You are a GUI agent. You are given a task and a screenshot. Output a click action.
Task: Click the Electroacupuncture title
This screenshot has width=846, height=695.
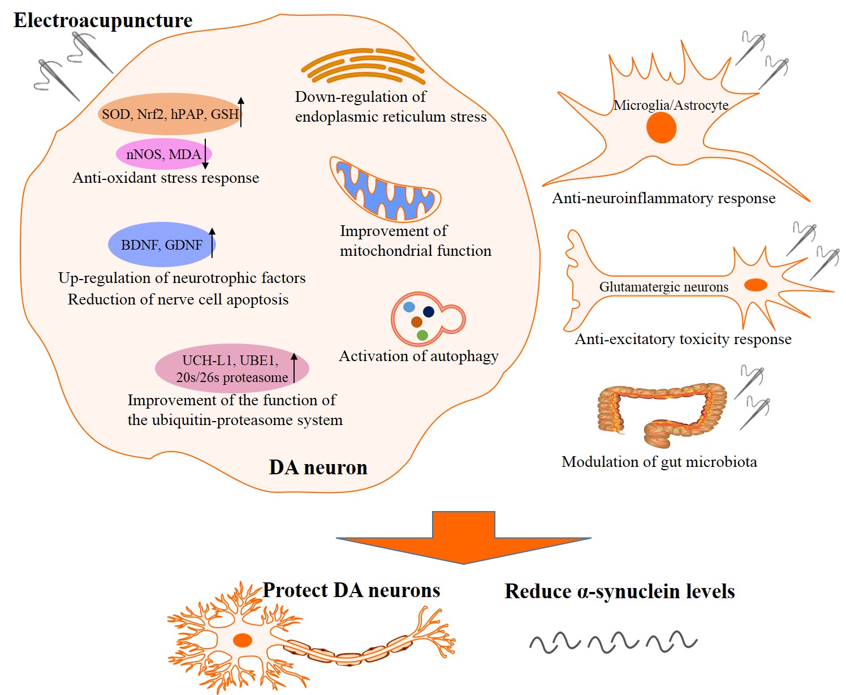(x=103, y=21)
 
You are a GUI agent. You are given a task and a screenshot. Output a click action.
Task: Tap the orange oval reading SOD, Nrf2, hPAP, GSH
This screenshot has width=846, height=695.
(x=170, y=114)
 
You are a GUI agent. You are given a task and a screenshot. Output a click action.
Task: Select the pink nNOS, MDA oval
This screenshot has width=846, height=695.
(x=163, y=154)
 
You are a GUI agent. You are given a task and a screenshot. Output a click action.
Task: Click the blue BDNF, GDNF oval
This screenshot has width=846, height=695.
(x=161, y=244)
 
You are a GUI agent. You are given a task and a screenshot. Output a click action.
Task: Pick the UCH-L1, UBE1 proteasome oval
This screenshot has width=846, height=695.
(x=231, y=368)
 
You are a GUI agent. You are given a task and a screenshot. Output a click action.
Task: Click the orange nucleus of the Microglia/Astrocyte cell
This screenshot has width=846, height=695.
(x=661, y=127)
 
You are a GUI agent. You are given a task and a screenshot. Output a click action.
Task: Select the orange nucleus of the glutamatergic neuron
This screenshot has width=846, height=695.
(x=755, y=285)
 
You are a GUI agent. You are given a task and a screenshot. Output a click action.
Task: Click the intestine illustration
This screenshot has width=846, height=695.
(x=662, y=413)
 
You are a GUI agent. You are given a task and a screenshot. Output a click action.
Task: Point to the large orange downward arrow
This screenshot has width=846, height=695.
(x=463, y=538)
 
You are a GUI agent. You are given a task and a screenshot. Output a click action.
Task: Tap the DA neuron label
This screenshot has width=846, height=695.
(x=318, y=467)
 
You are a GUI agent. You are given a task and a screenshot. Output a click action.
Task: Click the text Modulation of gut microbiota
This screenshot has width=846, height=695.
(x=659, y=462)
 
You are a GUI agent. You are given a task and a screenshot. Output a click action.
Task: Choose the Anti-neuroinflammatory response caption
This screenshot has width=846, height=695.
(x=663, y=199)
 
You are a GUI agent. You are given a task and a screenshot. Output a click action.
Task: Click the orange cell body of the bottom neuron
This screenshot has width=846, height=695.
(x=243, y=640)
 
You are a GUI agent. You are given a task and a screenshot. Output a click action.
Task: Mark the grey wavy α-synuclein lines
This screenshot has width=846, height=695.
(x=613, y=642)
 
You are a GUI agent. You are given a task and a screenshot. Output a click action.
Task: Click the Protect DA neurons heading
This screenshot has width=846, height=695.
(x=351, y=590)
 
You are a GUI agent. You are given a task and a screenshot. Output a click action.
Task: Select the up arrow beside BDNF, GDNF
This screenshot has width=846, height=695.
(x=212, y=242)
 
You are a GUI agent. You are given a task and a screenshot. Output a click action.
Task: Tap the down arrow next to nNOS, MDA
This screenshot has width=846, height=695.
(x=205, y=154)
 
